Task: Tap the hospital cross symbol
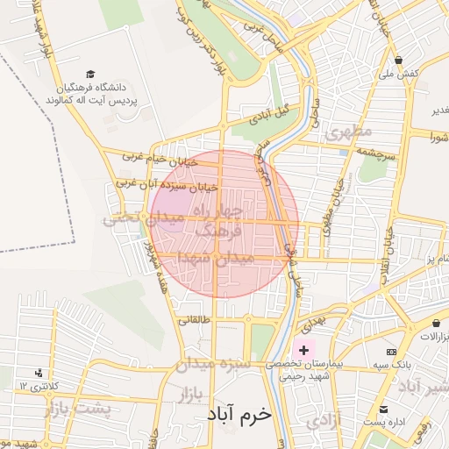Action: pos(303,349)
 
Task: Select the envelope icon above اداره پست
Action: pos(383,410)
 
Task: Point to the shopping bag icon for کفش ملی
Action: pos(399,61)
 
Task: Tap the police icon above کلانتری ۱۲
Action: pos(38,373)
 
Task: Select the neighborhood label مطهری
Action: pos(348,132)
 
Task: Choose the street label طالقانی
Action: pos(195,320)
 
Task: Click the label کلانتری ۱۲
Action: pos(37,386)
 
